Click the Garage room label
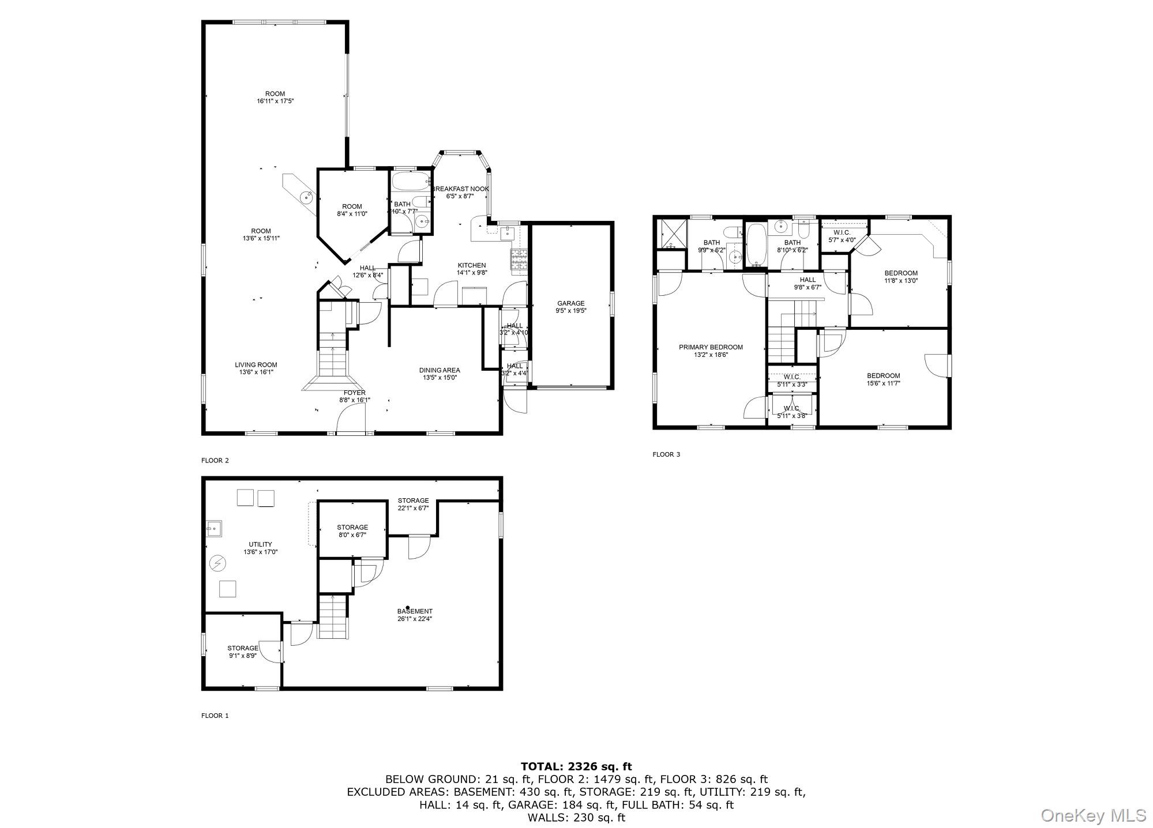click(x=570, y=303)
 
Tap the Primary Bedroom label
click(x=711, y=347)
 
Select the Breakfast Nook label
click(x=460, y=189)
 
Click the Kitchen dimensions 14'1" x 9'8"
click(x=472, y=273)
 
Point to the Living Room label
click(x=256, y=364)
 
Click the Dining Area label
click(x=439, y=370)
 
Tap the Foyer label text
click(x=354, y=393)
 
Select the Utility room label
click(x=260, y=544)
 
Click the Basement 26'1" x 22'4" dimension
click(x=414, y=619)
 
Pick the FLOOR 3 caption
click(x=666, y=454)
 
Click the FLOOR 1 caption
click(x=215, y=716)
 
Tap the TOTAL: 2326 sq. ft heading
click(x=576, y=766)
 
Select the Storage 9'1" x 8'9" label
click(x=242, y=652)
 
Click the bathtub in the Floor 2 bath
click(x=411, y=182)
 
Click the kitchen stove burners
click(x=519, y=261)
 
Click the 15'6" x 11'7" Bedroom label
click(x=883, y=379)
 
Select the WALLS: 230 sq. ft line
click(x=576, y=817)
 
